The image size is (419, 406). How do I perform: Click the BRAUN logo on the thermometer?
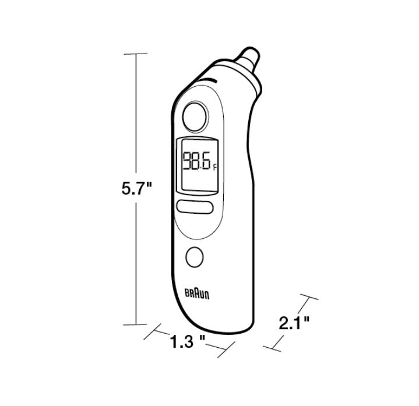pyautogui.click(x=197, y=294)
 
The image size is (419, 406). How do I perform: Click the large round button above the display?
pyautogui.click(x=195, y=116)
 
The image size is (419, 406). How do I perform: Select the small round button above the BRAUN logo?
pyautogui.click(x=195, y=256)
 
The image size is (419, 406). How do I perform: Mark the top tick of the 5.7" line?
pyautogui.click(x=137, y=54)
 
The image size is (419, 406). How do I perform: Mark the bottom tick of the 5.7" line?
pyautogui.click(x=137, y=324)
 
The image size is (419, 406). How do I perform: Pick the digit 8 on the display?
pyautogui.click(x=196, y=161)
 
